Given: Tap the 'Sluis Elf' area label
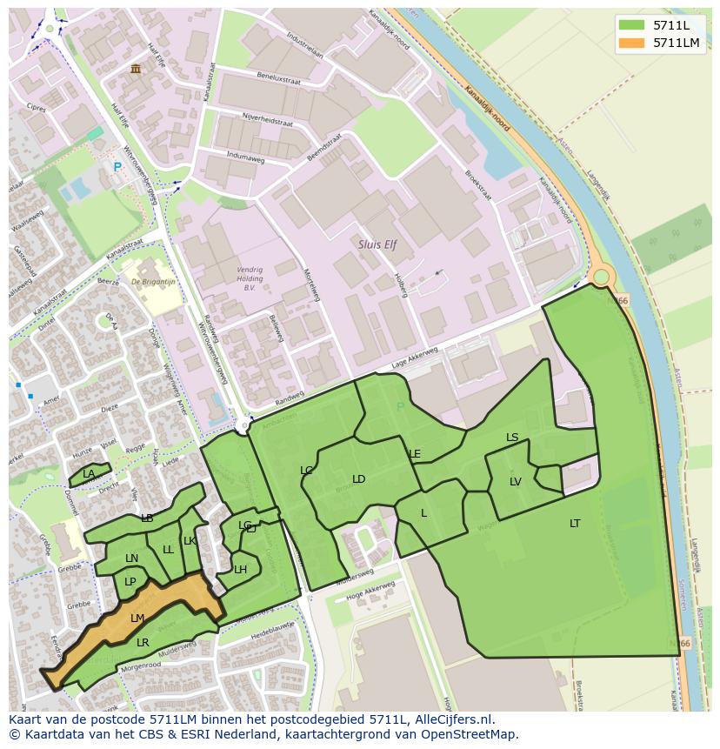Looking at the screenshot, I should (377, 245).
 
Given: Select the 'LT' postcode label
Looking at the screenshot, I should (575, 524).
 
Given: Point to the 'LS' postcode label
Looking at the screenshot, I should (512, 438).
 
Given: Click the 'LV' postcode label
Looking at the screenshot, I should (516, 482).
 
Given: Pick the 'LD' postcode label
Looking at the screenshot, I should (358, 479).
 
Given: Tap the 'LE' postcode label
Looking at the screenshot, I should (415, 454).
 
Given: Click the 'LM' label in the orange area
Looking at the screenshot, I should (137, 619).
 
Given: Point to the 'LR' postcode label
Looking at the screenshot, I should (143, 643).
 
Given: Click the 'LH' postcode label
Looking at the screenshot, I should (240, 570).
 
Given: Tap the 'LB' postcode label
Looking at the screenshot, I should (147, 518).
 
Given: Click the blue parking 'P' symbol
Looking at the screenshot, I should (117, 167).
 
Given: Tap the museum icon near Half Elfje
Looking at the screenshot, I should (135, 69).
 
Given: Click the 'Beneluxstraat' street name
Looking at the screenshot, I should (278, 79).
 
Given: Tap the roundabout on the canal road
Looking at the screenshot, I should (601, 278).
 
